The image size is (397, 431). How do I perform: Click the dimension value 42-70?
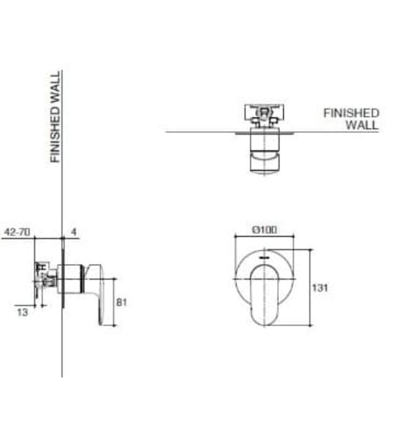[16, 232]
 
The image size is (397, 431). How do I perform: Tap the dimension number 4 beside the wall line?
[73, 232]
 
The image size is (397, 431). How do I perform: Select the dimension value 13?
[22, 312]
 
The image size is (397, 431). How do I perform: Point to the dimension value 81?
[121, 302]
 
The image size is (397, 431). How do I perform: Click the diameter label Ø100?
[265, 230]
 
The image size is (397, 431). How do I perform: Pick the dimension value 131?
[321, 288]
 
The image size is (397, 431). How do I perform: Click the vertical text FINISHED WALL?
[56, 117]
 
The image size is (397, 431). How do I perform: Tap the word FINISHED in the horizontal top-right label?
[351, 113]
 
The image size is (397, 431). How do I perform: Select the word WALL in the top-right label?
[361, 125]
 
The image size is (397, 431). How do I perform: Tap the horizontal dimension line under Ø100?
[265, 236]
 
